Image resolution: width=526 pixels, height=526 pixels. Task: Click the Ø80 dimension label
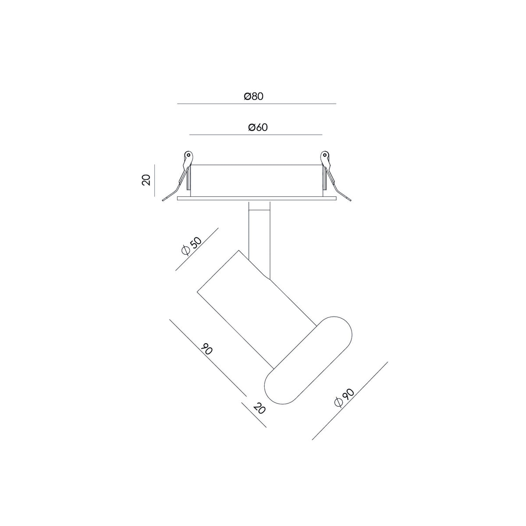pyautogui.click(x=254, y=96)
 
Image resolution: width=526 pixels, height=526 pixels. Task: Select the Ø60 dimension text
pyautogui.click(x=258, y=127)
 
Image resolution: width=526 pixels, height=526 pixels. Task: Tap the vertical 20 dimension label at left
pyautogui.click(x=146, y=180)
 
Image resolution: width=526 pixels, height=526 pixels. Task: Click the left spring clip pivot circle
pyautogui.click(x=188, y=155)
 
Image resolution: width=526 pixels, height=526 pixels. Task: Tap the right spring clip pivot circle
pyautogui.click(x=324, y=155)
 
